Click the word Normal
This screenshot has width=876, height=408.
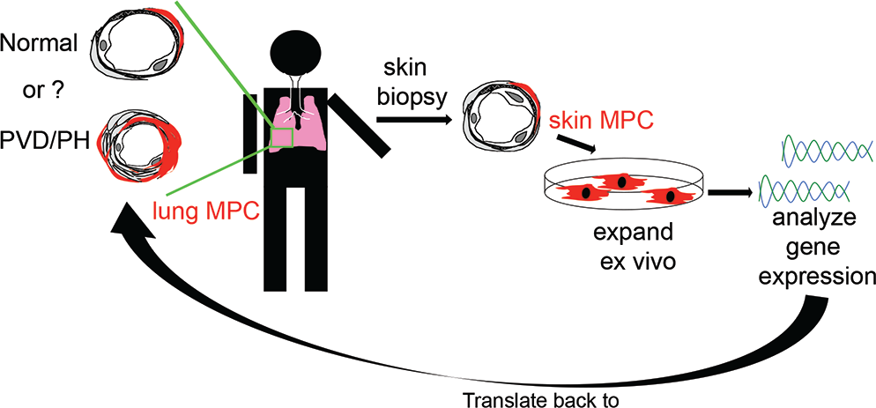point(39,44)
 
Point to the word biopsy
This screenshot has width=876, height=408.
point(412,98)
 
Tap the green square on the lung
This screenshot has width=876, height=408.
point(282,138)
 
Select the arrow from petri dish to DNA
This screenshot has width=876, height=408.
point(729,192)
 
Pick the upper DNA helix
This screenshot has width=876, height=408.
point(826,150)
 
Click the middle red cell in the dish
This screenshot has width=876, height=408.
point(620,182)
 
